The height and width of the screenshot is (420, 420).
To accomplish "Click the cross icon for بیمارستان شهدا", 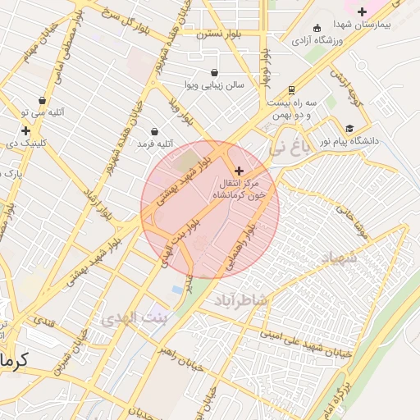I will click(363, 11).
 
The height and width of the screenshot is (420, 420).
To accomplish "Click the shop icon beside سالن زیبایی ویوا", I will click(215, 71).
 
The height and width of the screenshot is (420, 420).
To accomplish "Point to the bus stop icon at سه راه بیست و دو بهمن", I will click(292, 90).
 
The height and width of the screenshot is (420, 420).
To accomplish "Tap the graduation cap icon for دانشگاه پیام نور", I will click(350, 128).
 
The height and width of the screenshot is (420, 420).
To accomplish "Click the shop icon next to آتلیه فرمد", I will click(155, 131).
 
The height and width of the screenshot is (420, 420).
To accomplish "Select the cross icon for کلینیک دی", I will click(25, 130).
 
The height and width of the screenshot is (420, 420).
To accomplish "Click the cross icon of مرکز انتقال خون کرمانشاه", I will click(239, 170).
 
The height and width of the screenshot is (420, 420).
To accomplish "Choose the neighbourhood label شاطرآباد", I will click(240, 300).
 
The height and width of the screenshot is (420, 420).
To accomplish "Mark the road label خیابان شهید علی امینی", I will click(305, 341).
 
